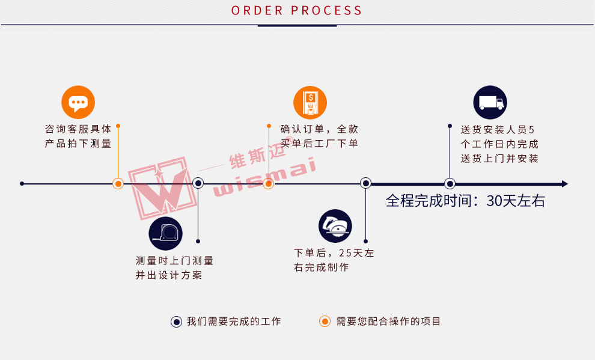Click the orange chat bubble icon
(78, 102)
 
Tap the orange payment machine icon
(310, 103)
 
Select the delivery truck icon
(490, 102)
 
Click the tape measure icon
(165, 233)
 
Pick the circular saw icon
(335, 226)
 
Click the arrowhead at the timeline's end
(565, 184)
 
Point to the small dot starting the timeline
(22, 183)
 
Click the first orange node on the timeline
(118, 184)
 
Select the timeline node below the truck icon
(450, 184)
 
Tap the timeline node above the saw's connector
(365, 183)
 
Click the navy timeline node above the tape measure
(198, 183)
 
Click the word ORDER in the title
(257, 11)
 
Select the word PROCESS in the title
(326, 11)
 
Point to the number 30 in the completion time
(495, 201)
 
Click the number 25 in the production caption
(346, 253)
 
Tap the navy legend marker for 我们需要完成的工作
(176, 322)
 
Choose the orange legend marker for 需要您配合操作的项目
(325, 322)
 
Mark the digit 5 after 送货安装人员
(531, 130)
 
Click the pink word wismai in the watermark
(264, 177)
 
